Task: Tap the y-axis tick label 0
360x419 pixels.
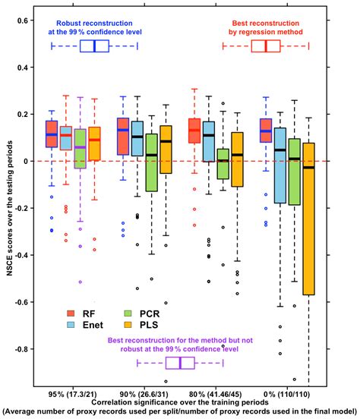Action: click(30, 161)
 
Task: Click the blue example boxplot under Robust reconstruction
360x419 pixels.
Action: click(94, 46)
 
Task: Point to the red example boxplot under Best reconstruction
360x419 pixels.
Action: click(266, 46)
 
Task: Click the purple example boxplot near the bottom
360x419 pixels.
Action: click(180, 363)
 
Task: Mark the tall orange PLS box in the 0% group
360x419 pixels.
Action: click(308, 219)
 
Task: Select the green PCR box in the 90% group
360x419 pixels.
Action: click(151, 162)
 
